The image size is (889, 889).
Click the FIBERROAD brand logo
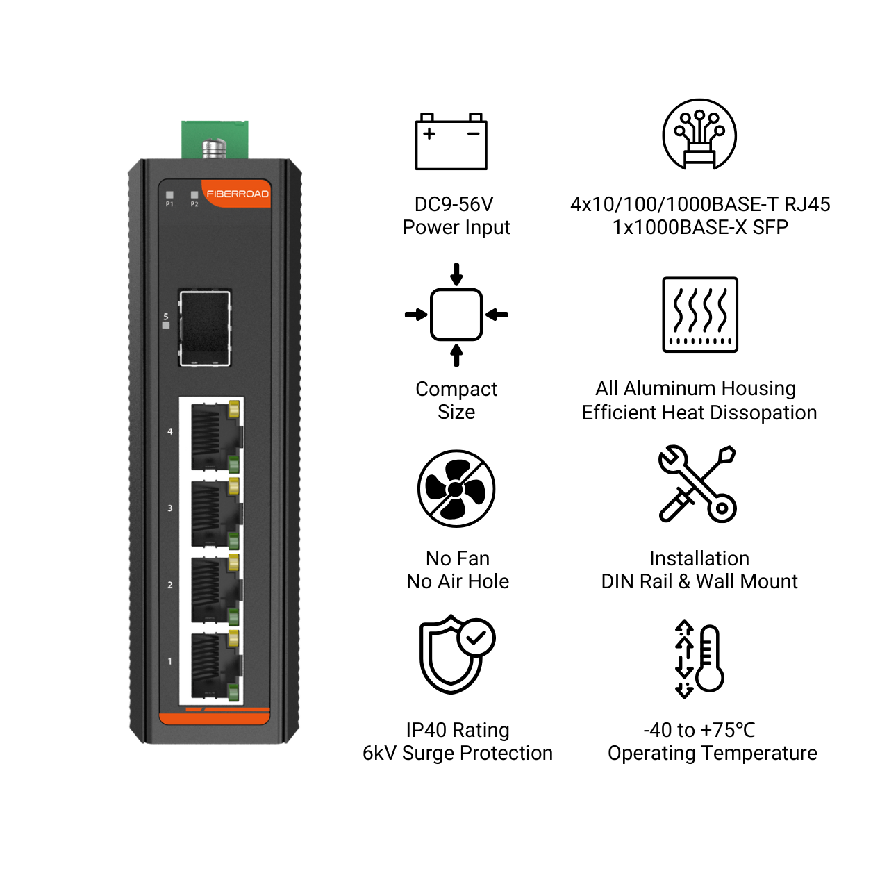[x=237, y=194]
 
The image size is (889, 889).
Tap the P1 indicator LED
[x=169, y=194]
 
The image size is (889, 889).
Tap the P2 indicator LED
[x=194, y=194]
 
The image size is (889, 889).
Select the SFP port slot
[x=205, y=328]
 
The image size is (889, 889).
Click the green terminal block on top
[x=215, y=140]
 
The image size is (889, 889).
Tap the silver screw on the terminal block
[x=215, y=148]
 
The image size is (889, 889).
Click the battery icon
[x=451, y=141]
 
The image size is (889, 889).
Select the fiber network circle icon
[x=699, y=134]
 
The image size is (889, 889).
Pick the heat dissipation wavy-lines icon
[x=700, y=314]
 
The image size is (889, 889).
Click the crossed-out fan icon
[x=456, y=488]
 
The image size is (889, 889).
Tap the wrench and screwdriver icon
[x=697, y=483]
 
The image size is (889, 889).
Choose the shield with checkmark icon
[x=457, y=654]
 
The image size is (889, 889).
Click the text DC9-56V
[x=454, y=204]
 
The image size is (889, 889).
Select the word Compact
[x=456, y=390]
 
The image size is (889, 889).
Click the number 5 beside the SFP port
[x=166, y=317]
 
